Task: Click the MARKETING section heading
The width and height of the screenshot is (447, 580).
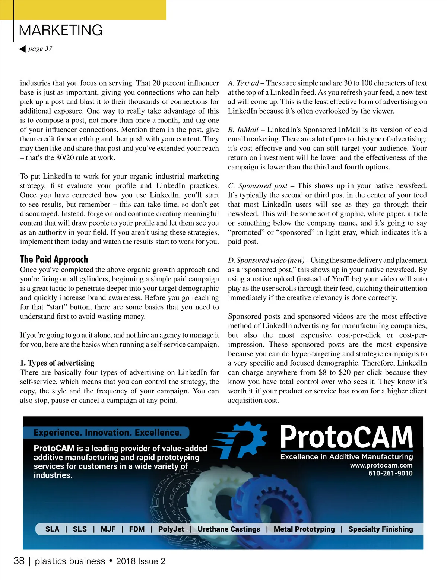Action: click(x=61, y=30)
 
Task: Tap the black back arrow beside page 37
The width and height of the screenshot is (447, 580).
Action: click(x=23, y=49)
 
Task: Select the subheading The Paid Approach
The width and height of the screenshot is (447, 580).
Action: click(x=54, y=259)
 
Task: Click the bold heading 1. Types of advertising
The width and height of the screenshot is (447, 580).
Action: click(x=57, y=363)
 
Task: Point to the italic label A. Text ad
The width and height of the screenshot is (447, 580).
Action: click(x=243, y=83)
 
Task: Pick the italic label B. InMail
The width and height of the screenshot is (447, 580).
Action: click(x=243, y=130)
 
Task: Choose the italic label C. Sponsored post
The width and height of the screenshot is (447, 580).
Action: click(x=258, y=186)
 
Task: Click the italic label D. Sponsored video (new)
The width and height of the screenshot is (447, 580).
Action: click(x=266, y=260)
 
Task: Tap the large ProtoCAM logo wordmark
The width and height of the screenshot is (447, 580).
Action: click(x=346, y=437)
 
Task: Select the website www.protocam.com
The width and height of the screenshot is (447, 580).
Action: click(x=381, y=465)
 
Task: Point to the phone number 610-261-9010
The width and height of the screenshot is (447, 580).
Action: click(x=390, y=474)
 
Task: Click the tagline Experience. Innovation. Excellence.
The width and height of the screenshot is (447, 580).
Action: click(x=108, y=433)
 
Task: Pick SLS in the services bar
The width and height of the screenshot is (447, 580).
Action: click(x=80, y=529)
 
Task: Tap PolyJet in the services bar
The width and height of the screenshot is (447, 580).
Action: click(x=171, y=529)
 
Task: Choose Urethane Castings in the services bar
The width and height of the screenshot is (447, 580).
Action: click(x=229, y=529)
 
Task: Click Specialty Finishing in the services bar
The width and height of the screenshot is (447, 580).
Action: click(x=380, y=529)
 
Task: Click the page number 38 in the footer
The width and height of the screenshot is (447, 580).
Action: click(x=19, y=561)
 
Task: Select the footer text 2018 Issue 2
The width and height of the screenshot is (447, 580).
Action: click(x=140, y=561)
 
